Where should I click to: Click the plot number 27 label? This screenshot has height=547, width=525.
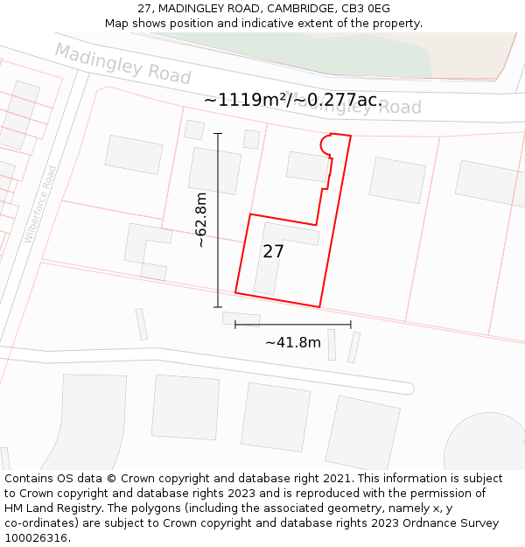[x=273, y=252]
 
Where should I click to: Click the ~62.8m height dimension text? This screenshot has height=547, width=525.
[x=202, y=220]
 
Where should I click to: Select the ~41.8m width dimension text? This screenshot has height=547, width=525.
[x=293, y=342]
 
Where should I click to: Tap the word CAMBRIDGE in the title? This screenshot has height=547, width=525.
[x=300, y=9]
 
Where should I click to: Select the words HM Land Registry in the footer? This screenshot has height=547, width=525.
[x=48, y=508]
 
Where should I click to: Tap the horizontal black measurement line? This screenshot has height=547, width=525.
[x=293, y=325]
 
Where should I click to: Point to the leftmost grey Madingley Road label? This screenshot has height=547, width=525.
[x=122, y=63]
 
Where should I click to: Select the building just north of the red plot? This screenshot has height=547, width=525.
[x=307, y=166]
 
